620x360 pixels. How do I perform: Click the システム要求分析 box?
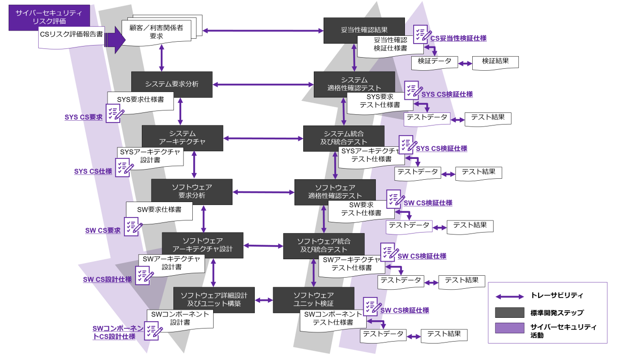coord(172,84)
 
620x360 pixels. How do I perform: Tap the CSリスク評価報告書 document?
coord(71,36)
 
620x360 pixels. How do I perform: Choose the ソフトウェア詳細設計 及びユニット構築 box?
coord(214,299)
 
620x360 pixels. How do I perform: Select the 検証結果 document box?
coord(495,62)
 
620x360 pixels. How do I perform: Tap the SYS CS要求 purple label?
coord(84,117)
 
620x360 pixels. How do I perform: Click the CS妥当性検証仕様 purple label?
coord(458,38)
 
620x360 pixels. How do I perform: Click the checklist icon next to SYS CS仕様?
coord(124,167)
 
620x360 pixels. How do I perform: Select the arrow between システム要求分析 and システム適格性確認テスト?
coord(263,84)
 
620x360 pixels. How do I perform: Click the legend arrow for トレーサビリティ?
coord(510,296)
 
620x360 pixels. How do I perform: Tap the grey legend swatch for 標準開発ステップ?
coord(510,313)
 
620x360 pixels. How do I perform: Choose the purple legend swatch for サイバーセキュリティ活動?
coord(510,328)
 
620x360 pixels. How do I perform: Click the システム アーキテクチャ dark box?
coord(182,137)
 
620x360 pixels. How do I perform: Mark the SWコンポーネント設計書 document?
coord(180,318)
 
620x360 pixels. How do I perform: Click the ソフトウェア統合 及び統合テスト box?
coord(324,245)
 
